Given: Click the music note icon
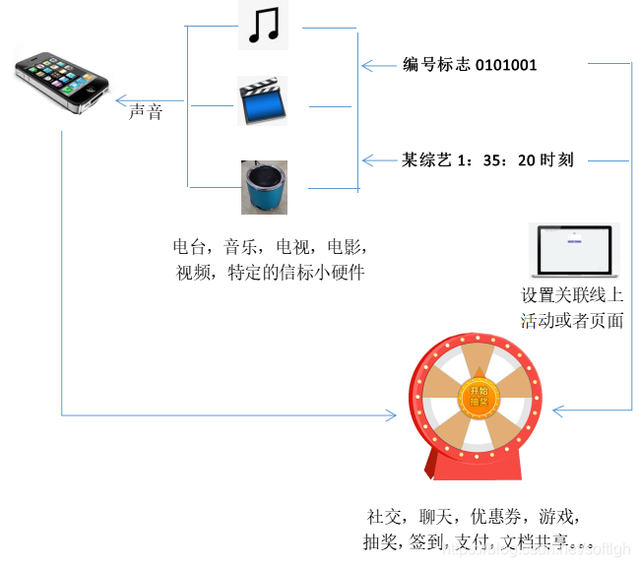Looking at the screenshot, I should [x=263, y=25].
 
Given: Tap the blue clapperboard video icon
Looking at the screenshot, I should [x=262, y=100].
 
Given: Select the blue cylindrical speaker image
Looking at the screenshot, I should [x=264, y=187].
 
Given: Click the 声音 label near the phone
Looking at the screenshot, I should [x=146, y=112].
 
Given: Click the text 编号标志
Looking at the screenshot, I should [x=436, y=65].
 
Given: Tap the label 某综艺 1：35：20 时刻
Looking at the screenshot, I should [x=487, y=159].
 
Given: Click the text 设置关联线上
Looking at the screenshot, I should [x=572, y=295].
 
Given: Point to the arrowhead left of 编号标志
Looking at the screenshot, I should [x=366, y=66].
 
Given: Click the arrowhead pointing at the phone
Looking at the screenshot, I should [x=118, y=100].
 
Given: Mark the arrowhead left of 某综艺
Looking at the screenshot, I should [x=366, y=159].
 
